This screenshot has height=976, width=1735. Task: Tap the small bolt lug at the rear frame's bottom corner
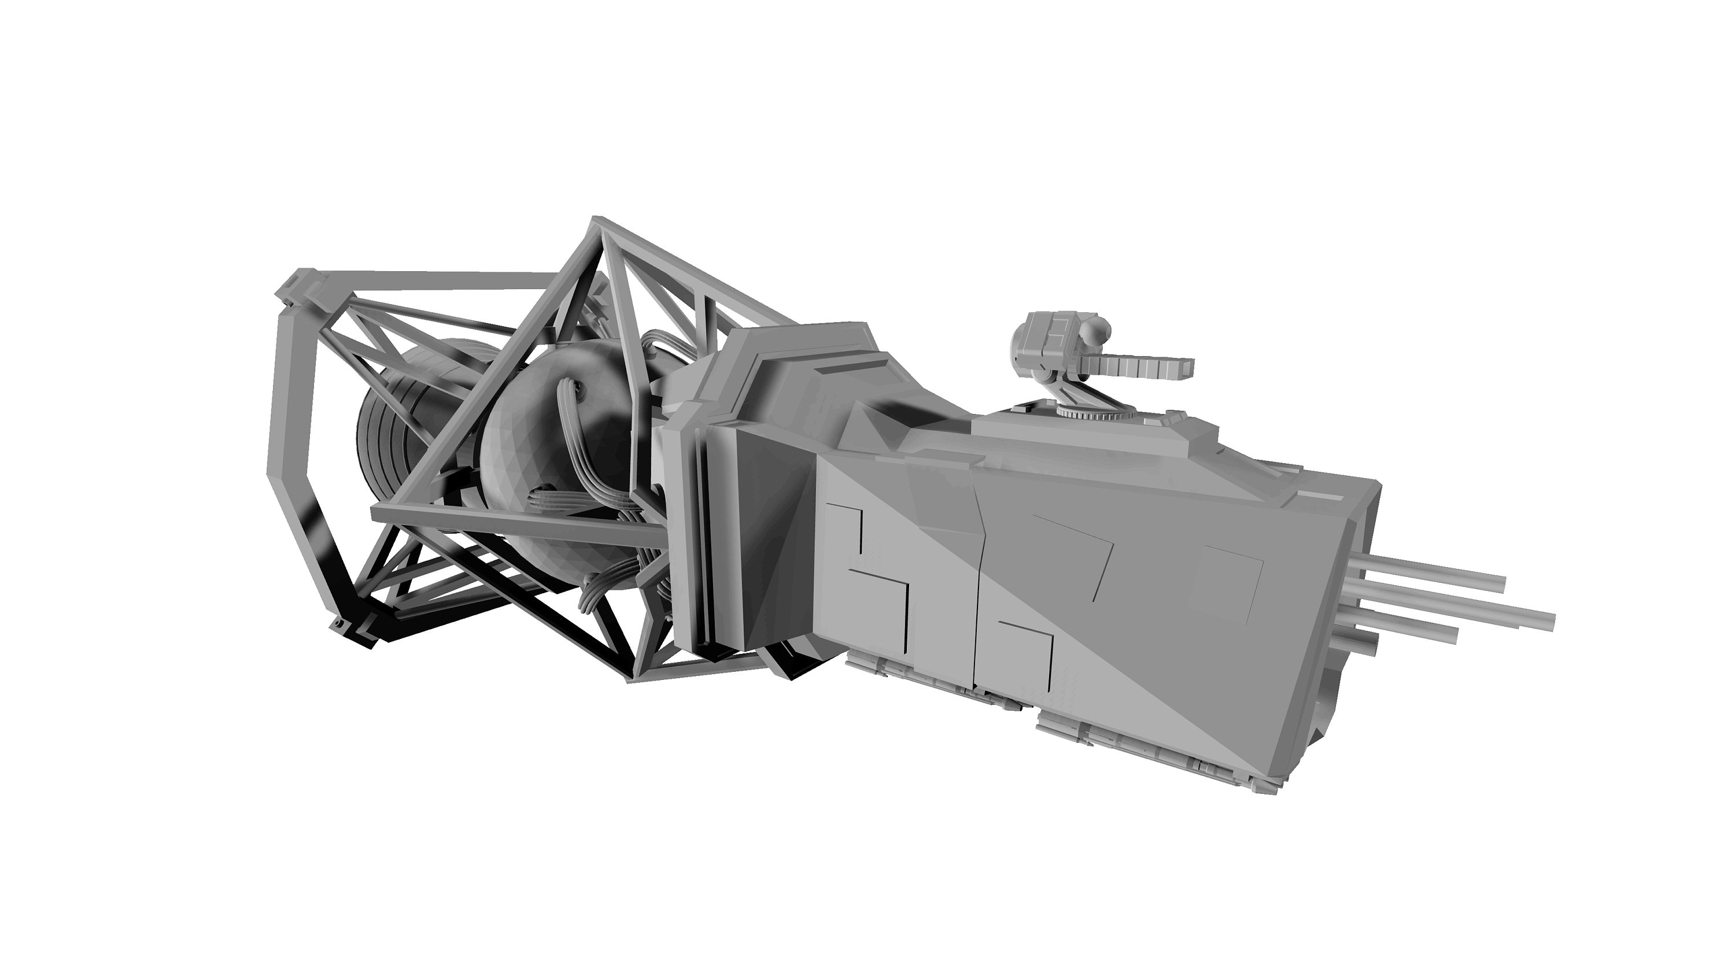coord(339,626)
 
